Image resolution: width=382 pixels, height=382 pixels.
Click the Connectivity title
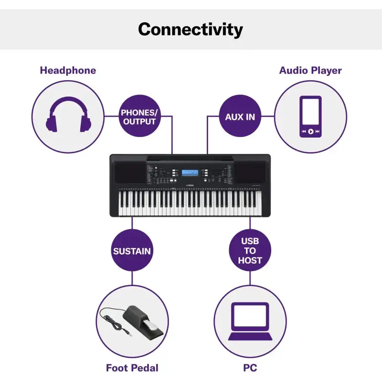190,30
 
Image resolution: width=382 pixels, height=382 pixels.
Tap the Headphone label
68,70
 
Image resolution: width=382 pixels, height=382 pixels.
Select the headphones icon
68,115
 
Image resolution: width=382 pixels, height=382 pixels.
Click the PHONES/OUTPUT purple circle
139,116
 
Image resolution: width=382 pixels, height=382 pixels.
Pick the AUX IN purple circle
240,116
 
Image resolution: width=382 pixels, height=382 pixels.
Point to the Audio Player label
310,70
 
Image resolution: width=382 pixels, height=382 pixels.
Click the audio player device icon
310,117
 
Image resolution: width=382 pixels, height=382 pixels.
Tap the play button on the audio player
311,131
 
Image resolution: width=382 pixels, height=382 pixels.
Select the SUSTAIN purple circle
132,250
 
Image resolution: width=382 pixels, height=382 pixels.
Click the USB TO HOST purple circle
250,250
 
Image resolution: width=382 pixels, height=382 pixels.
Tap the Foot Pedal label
132,368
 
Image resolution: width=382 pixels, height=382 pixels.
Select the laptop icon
250,321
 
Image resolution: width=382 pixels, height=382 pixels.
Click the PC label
250,368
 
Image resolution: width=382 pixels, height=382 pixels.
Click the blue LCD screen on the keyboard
190,173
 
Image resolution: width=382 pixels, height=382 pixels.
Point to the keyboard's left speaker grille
130,172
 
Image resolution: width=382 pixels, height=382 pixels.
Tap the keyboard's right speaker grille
250,172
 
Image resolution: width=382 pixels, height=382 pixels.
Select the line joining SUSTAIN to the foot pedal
132,278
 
